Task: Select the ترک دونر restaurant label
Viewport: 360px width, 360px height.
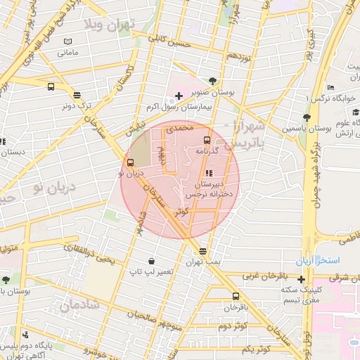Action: click(x=77, y=105)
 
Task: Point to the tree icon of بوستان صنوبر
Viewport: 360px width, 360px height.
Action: click(x=213, y=80)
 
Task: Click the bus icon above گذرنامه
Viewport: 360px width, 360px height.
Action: click(x=206, y=140)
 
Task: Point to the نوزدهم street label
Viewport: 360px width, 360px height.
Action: click(x=240, y=56)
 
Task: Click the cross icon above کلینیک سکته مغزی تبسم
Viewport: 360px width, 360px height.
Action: click(x=302, y=279)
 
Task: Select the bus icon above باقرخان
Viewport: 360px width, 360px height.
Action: click(x=235, y=296)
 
